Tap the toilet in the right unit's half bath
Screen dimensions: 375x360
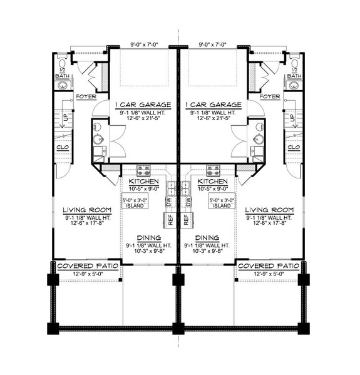(x=294, y=63)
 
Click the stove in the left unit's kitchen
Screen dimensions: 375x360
(x=143, y=170)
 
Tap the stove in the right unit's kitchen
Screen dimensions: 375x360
(x=213, y=170)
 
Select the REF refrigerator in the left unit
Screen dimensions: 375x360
(x=168, y=220)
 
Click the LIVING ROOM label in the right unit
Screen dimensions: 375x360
(x=269, y=209)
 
